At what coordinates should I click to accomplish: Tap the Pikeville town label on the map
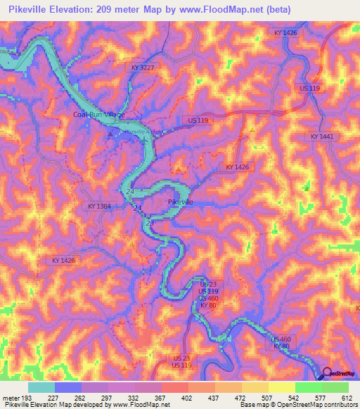click(181, 202)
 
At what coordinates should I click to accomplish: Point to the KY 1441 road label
click(321, 136)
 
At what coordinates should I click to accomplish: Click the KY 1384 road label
click(100, 206)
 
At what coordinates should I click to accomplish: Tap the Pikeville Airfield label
click(143, 131)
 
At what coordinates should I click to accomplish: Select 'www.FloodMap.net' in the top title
click(223, 10)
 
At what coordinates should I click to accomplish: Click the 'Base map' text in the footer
click(251, 404)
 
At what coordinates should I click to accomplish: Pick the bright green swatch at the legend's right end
click(335, 387)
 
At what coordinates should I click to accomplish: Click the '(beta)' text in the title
click(288, 10)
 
